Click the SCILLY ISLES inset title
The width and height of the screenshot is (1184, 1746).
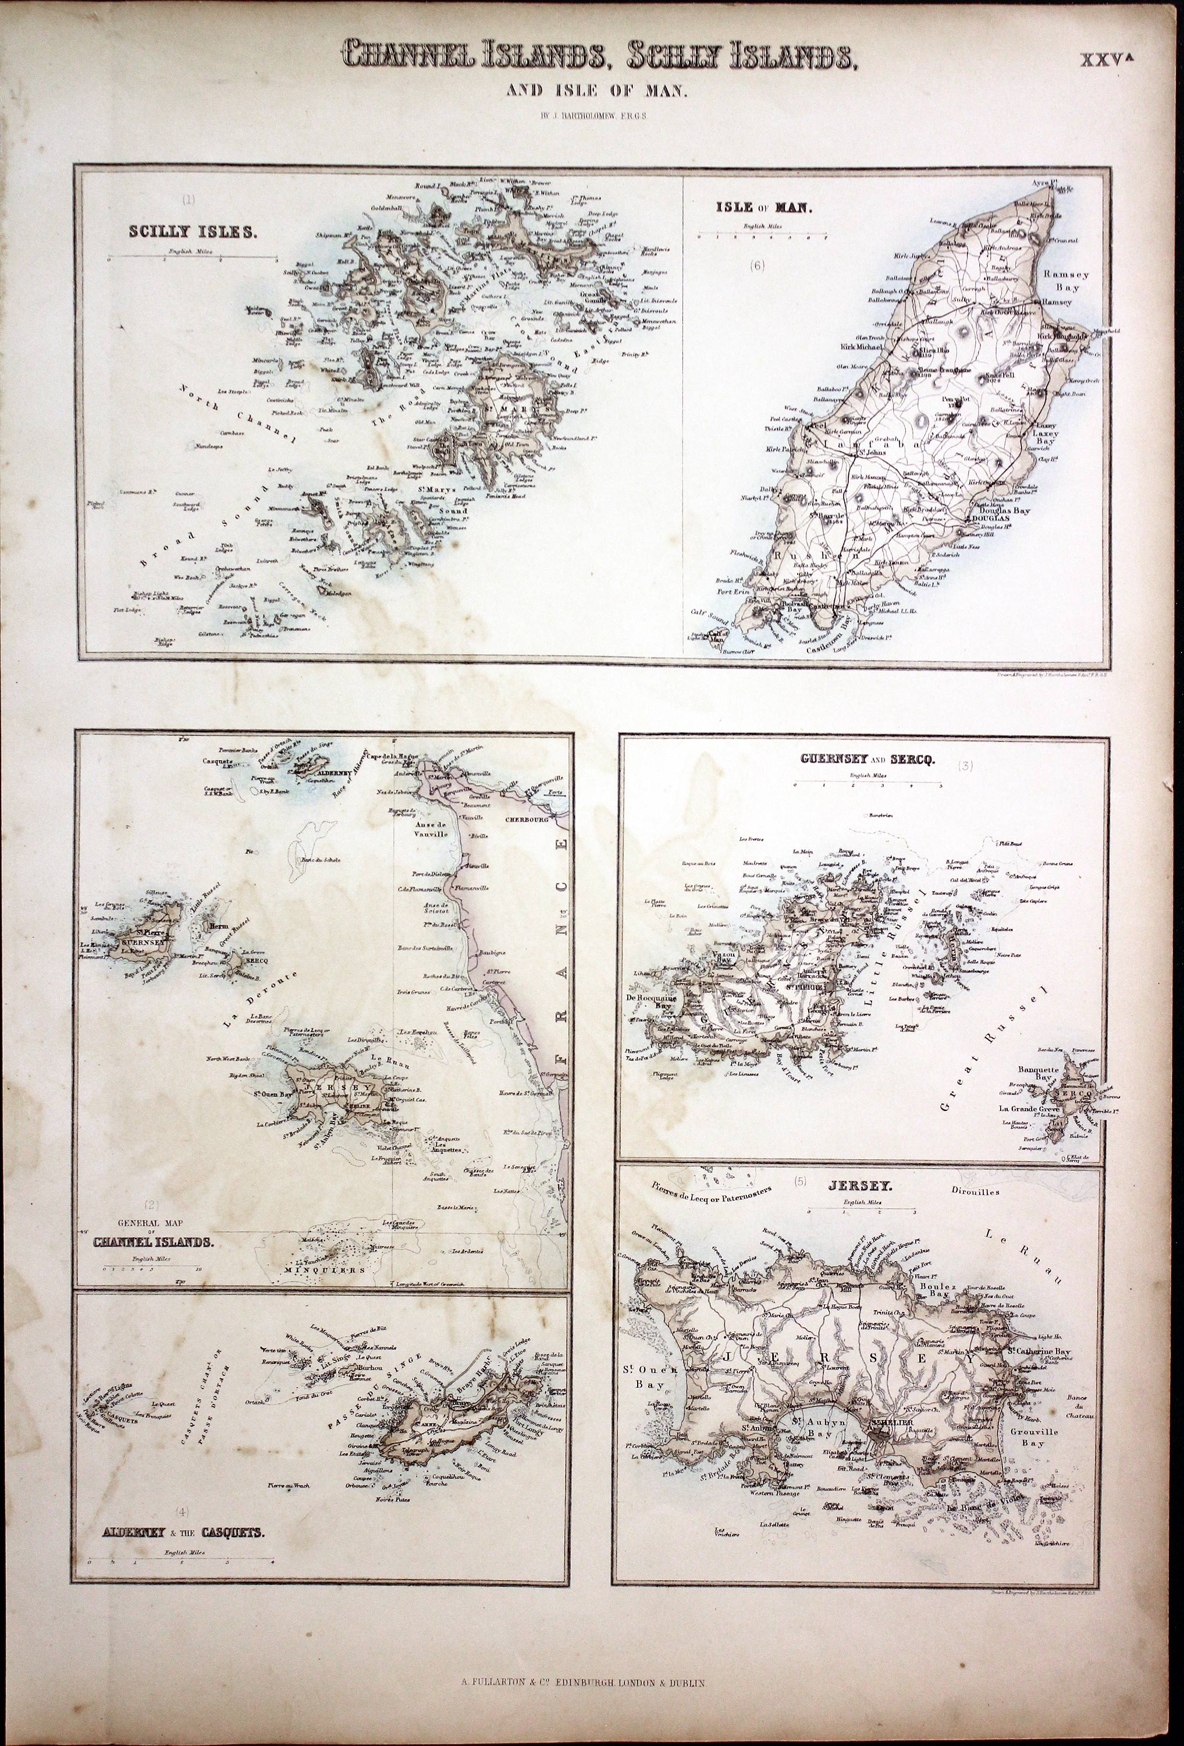193,232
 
